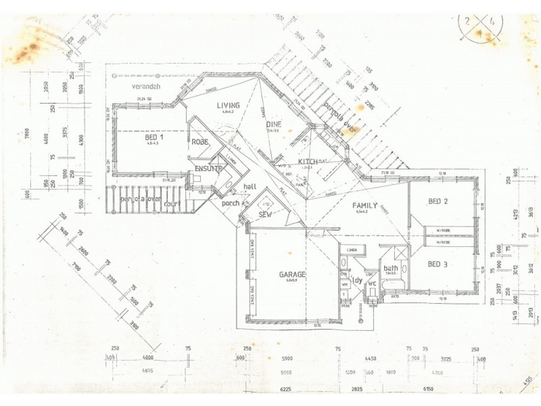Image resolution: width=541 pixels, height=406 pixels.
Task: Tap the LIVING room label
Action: tap(229, 106)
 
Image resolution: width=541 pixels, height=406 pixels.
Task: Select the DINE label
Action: tap(273, 125)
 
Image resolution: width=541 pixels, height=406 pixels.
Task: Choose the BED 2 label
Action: tap(438, 201)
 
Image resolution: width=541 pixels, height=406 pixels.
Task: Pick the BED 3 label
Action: tap(438, 263)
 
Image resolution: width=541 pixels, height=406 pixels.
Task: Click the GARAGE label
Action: tap(293, 275)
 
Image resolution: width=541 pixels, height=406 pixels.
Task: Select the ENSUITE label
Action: tap(208, 168)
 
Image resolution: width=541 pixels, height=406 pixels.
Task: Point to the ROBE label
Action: tap(199, 143)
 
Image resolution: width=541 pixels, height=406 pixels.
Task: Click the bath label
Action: tap(391, 268)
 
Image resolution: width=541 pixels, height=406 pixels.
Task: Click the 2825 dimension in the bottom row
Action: tap(358, 390)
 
